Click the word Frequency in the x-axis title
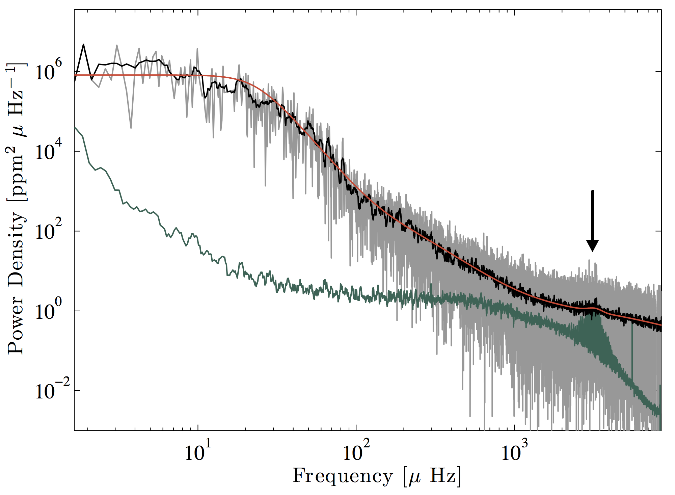click(x=343, y=476)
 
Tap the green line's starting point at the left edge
click(x=75, y=128)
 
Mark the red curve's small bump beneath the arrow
click(x=592, y=308)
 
